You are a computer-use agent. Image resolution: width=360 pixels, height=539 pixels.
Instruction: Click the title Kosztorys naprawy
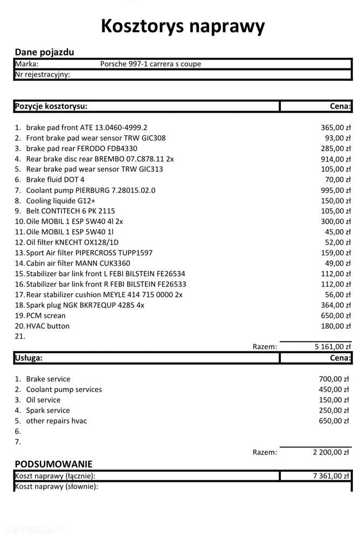183,26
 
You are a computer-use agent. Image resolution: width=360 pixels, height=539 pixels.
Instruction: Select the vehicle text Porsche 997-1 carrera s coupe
150,64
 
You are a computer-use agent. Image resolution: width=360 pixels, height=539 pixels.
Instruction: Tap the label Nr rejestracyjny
43,74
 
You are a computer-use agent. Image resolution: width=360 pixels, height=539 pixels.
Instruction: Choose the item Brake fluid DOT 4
55,179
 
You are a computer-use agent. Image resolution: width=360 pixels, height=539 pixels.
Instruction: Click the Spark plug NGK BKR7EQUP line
85,305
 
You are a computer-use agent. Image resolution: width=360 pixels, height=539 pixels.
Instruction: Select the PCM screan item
45,315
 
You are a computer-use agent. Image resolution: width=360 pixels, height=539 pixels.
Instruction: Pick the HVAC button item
47,326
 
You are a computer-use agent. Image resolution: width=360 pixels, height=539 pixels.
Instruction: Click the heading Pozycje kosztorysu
51,106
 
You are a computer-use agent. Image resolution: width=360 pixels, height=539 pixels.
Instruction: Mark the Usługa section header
29,357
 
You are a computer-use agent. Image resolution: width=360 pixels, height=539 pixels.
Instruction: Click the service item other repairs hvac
56,420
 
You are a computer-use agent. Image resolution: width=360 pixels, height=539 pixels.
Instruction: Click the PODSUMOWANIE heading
53,464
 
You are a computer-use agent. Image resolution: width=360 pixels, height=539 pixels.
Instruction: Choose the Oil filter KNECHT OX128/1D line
72,243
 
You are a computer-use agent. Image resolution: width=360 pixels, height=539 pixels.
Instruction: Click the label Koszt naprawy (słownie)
57,487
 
